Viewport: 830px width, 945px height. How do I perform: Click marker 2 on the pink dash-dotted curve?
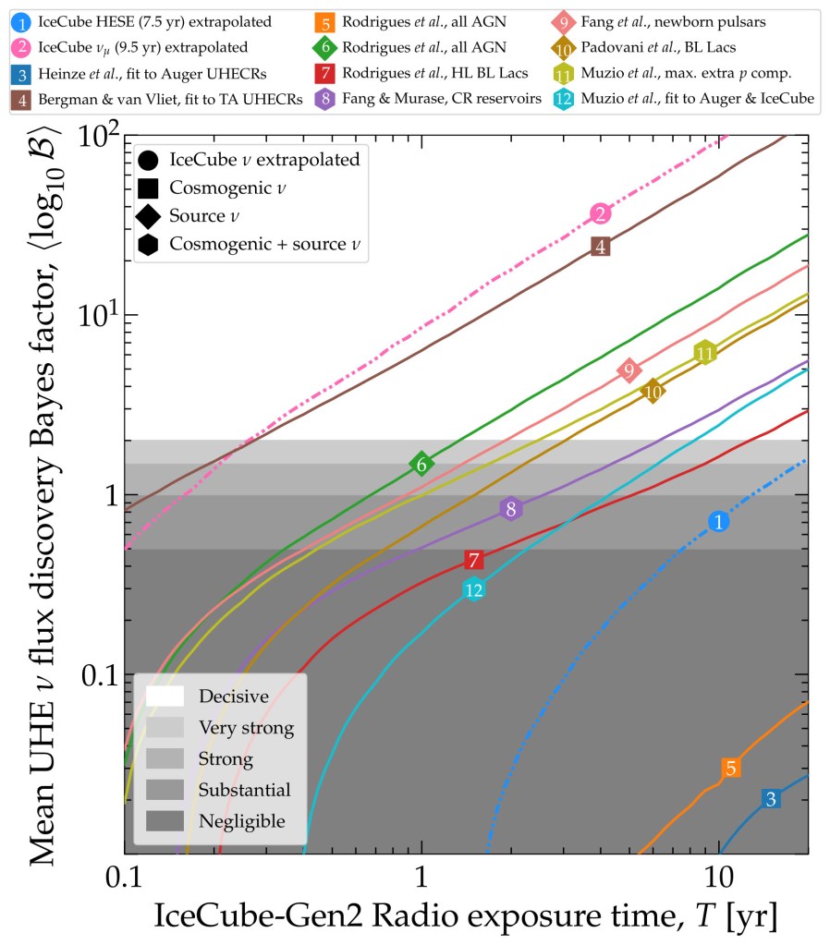pyautogui.click(x=601, y=214)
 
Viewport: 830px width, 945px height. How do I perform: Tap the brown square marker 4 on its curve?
pyautogui.click(x=601, y=247)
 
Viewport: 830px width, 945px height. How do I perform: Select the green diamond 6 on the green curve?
pyautogui.click(x=421, y=465)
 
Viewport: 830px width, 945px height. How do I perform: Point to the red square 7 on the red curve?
pyautogui.click(x=474, y=560)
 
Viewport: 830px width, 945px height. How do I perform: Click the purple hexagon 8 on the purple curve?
pyautogui.click(x=511, y=509)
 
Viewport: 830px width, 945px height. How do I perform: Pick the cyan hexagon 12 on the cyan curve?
pyautogui.click(x=474, y=589)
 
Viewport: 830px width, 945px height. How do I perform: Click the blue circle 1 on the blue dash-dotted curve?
pyautogui.click(x=718, y=522)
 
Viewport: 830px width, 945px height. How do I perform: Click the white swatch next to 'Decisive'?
pyautogui.click(x=164, y=696)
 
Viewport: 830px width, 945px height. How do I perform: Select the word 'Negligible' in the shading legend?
pyautogui.click(x=242, y=820)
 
